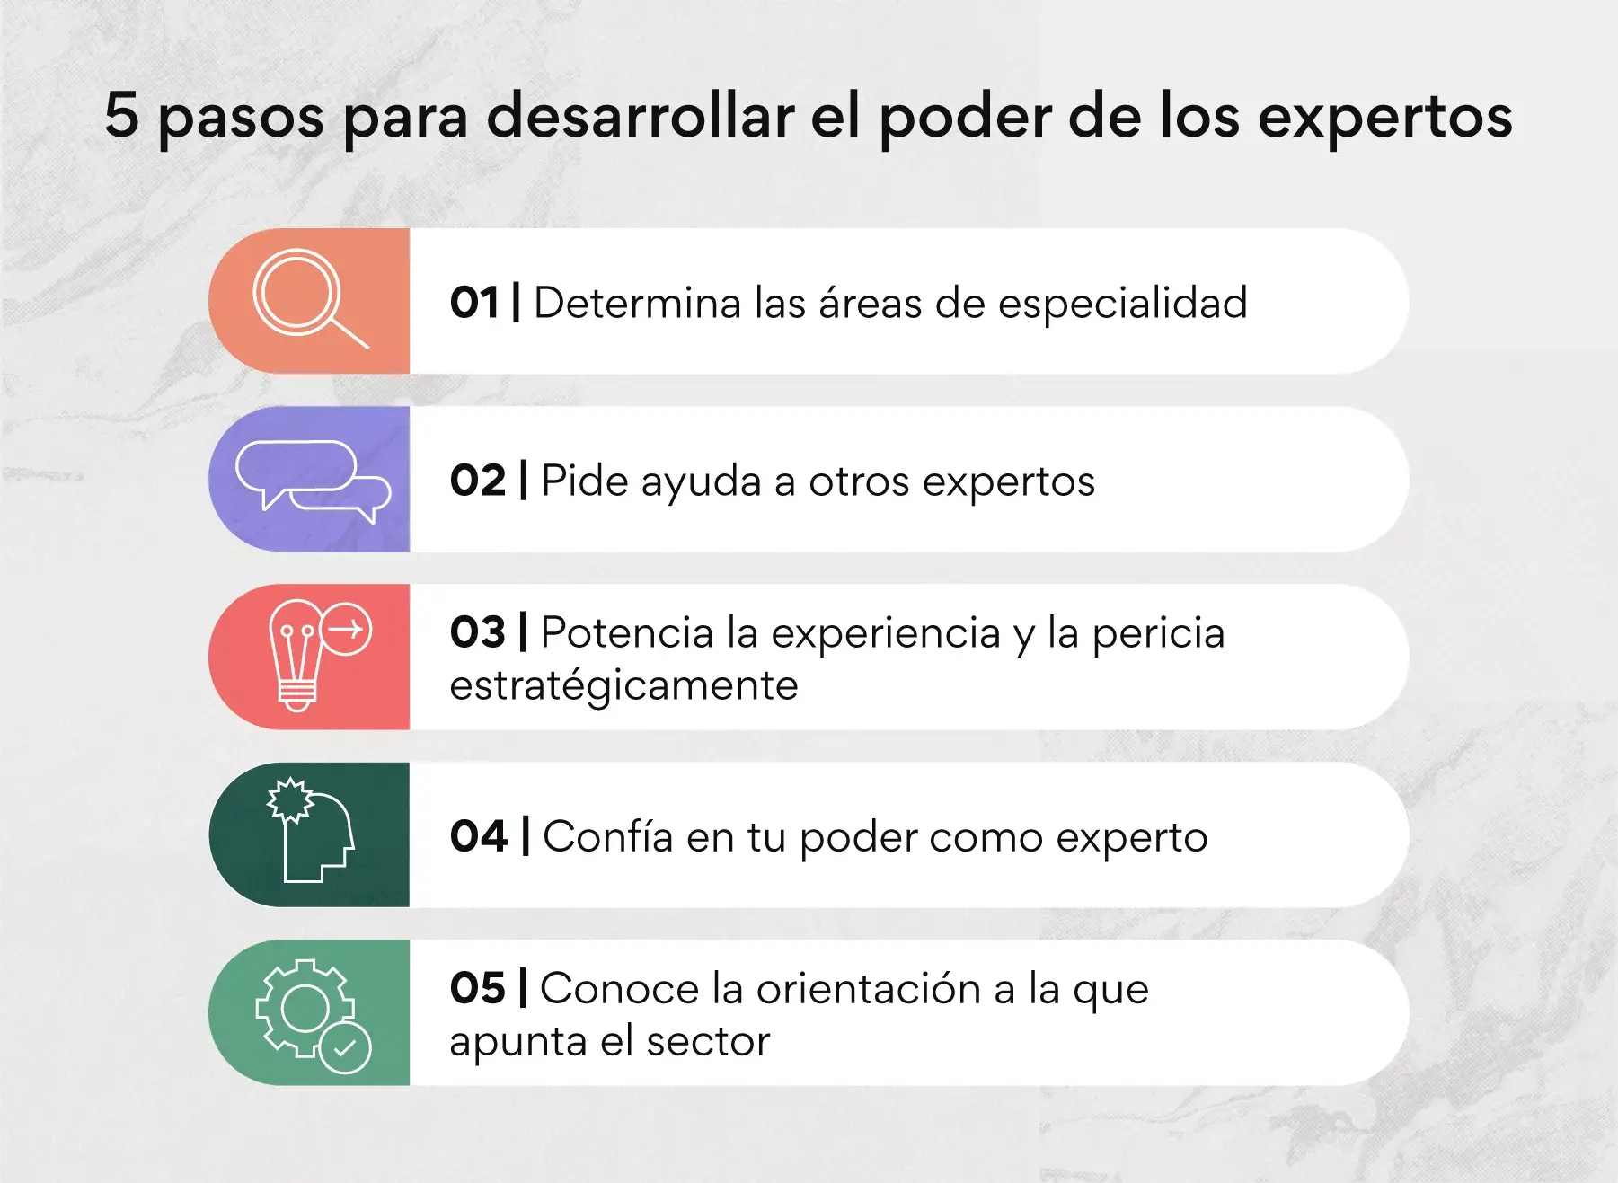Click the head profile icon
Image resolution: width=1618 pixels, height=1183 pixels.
(x=311, y=831)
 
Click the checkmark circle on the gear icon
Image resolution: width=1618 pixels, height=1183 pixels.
(x=345, y=1046)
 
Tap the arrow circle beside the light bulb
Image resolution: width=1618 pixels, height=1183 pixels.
(x=346, y=629)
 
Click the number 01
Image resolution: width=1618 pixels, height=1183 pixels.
(x=474, y=303)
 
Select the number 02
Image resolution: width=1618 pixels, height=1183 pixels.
(x=478, y=481)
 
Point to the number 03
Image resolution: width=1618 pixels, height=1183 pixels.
(x=478, y=632)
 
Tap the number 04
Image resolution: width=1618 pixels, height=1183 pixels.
(x=479, y=836)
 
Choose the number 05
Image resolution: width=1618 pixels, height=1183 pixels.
(x=478, y=988)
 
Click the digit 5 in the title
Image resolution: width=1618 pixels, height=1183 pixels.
(x=122, y=115)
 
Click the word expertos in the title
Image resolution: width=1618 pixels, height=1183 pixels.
(x=1385, y=119)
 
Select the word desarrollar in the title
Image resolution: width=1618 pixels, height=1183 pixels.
(x=641, y=115)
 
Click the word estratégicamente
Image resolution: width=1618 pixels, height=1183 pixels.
(x=623, y=687)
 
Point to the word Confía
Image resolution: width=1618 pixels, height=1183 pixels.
(x=608, y=836)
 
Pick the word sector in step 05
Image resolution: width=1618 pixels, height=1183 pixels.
(x=708, y=1042)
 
